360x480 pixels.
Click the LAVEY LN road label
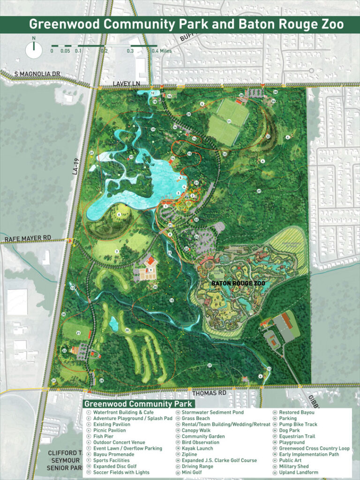pyautogui.click(x=127, y=83)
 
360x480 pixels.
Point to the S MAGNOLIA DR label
pyautogui.click(x=38, y=75)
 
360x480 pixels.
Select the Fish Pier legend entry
pyautogui.click(x=103, y=436)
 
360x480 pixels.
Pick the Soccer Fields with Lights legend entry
pyautogui.click(x=121, y=472)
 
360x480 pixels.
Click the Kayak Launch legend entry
pyautogui.click(x=197, y=449)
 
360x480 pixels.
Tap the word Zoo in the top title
pyautogui.click(x=330, y=24)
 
